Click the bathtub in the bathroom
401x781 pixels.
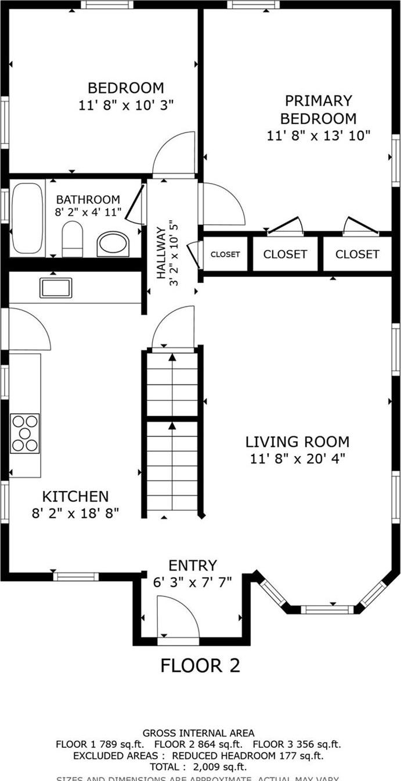[27, 218]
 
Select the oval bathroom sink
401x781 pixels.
[113, 243]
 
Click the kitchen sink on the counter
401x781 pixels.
[56, 288]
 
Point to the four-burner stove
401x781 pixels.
[25, 433]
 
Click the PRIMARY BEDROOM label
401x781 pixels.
[318, 110]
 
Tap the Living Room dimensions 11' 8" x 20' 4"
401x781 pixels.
[298, 458]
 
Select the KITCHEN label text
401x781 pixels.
[75, 496]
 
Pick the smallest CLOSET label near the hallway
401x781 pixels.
[225, 254]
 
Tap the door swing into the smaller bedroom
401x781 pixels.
[174, 154]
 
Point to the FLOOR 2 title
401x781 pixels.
[200, 665]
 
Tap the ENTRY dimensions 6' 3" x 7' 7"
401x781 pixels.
[193, 582]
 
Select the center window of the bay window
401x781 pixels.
[327, 609]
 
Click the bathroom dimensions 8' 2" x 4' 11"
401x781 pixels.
[88, 212]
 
